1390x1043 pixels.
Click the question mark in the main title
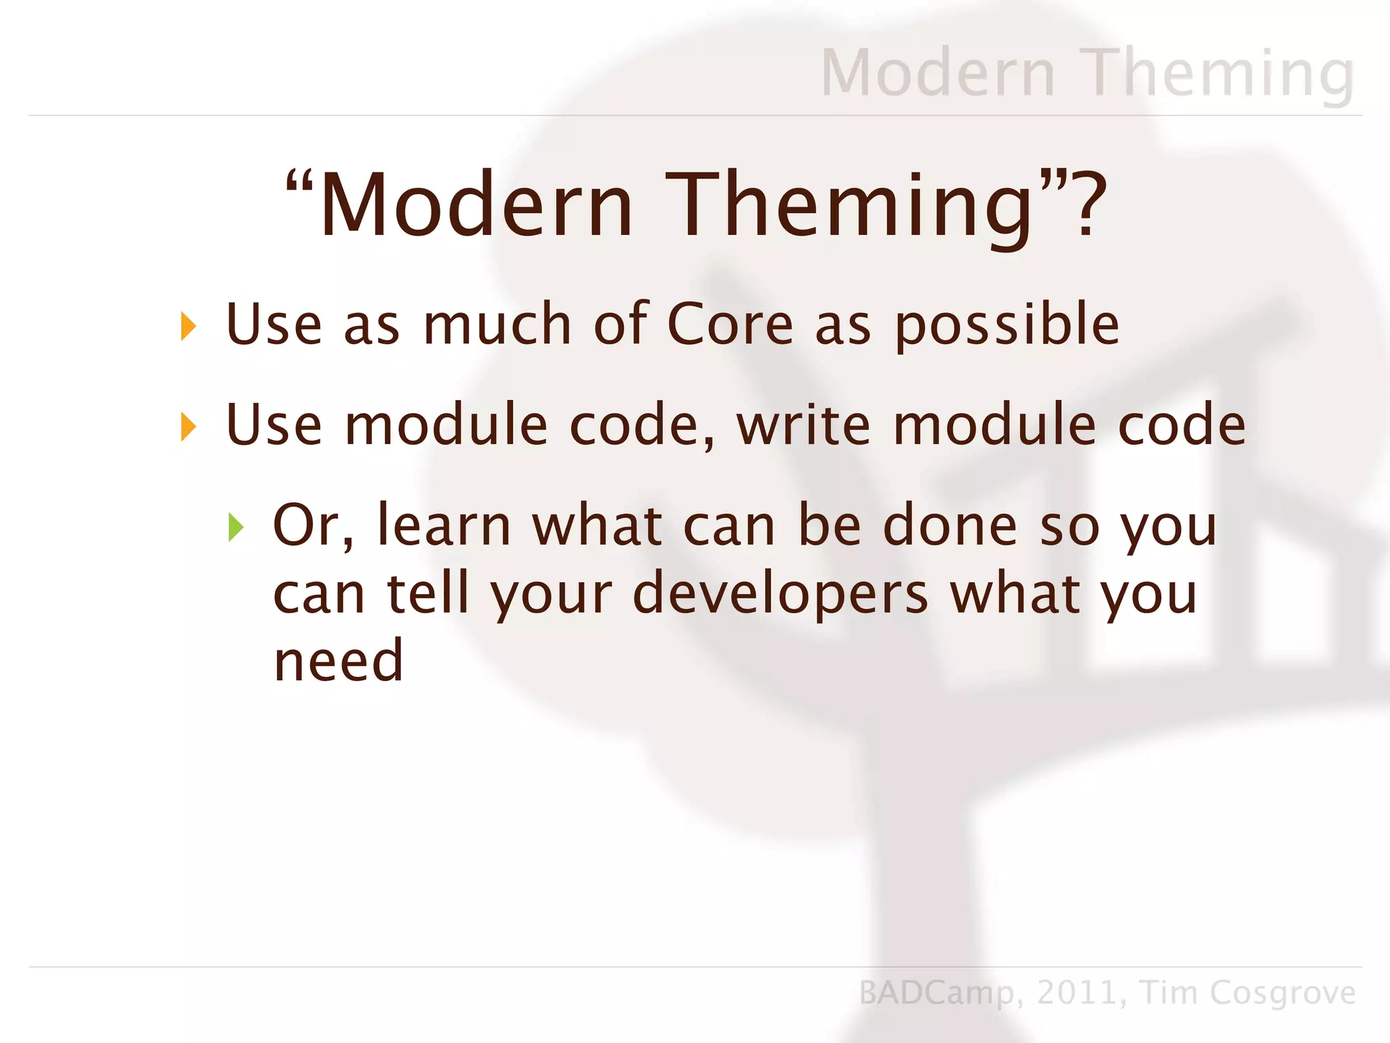(x=1087, y=204)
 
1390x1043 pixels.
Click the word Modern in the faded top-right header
(x=938, y=73)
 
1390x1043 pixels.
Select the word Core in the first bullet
(x=730, y=324)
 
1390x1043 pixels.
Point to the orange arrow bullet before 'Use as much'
(x=188, y=327)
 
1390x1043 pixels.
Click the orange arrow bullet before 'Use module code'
(x=188, y=427)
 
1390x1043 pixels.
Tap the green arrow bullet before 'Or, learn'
(x=236, y=528)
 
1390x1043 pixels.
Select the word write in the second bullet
(x=804, y=425)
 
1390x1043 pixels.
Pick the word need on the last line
(x=338, y=661)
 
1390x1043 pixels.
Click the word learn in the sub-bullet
(x=444, y=525)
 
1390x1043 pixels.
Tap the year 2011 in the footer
(x=1078, y=993)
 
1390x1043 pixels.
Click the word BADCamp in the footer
(x=936, y=993)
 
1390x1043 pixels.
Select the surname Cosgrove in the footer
(x=1282, y=993)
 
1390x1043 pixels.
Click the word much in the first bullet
(x=497, y=324)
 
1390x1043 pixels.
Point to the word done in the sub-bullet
(x=950, y=526)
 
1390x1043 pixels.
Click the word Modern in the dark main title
(x=475, y=205)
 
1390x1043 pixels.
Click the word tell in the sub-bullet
(x=428, y=593)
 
